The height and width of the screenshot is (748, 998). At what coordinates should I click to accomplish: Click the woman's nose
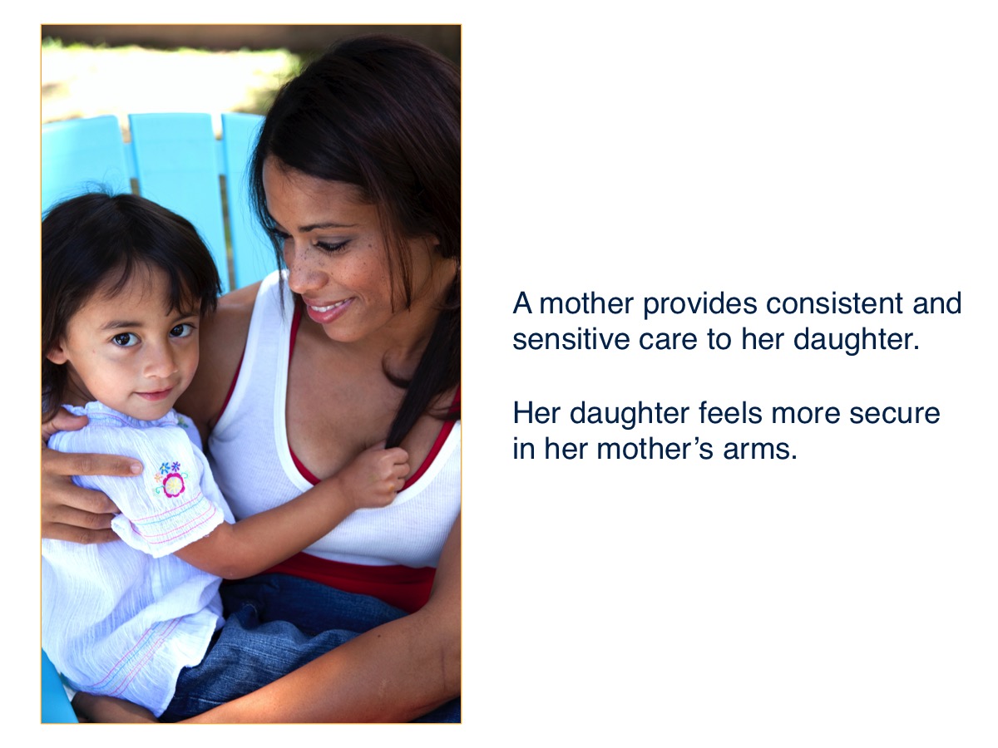[x=298, y=271]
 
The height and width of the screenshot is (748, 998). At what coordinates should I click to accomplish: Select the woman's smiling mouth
[x=329, y=310]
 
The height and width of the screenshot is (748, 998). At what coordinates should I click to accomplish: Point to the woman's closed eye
[x=333, y=246]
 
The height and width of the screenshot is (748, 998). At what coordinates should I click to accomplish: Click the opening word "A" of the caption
[x=521, y=304]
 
